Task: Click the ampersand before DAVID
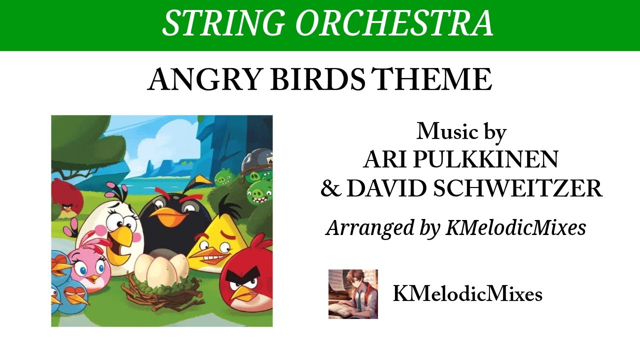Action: click(330, 189)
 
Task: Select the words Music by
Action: click(461, 131)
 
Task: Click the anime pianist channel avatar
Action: click(353, 294)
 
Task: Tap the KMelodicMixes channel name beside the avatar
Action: click(467, 294)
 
